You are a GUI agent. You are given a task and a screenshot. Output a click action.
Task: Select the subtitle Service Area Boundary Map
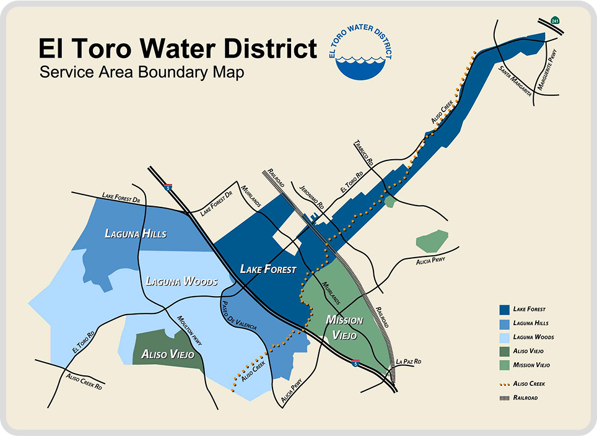click(141, 72)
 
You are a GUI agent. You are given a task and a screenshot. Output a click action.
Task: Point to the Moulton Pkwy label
click(190, 330)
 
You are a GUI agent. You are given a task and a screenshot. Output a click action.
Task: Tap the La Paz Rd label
click(409, 360)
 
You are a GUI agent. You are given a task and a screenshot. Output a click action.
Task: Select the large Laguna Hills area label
click(136, 233)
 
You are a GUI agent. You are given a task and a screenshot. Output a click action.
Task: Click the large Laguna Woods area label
click(181, 282)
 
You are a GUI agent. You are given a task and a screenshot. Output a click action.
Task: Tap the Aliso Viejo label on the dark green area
click(168, 355)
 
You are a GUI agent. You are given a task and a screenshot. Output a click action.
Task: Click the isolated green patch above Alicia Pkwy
click(431, 240)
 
